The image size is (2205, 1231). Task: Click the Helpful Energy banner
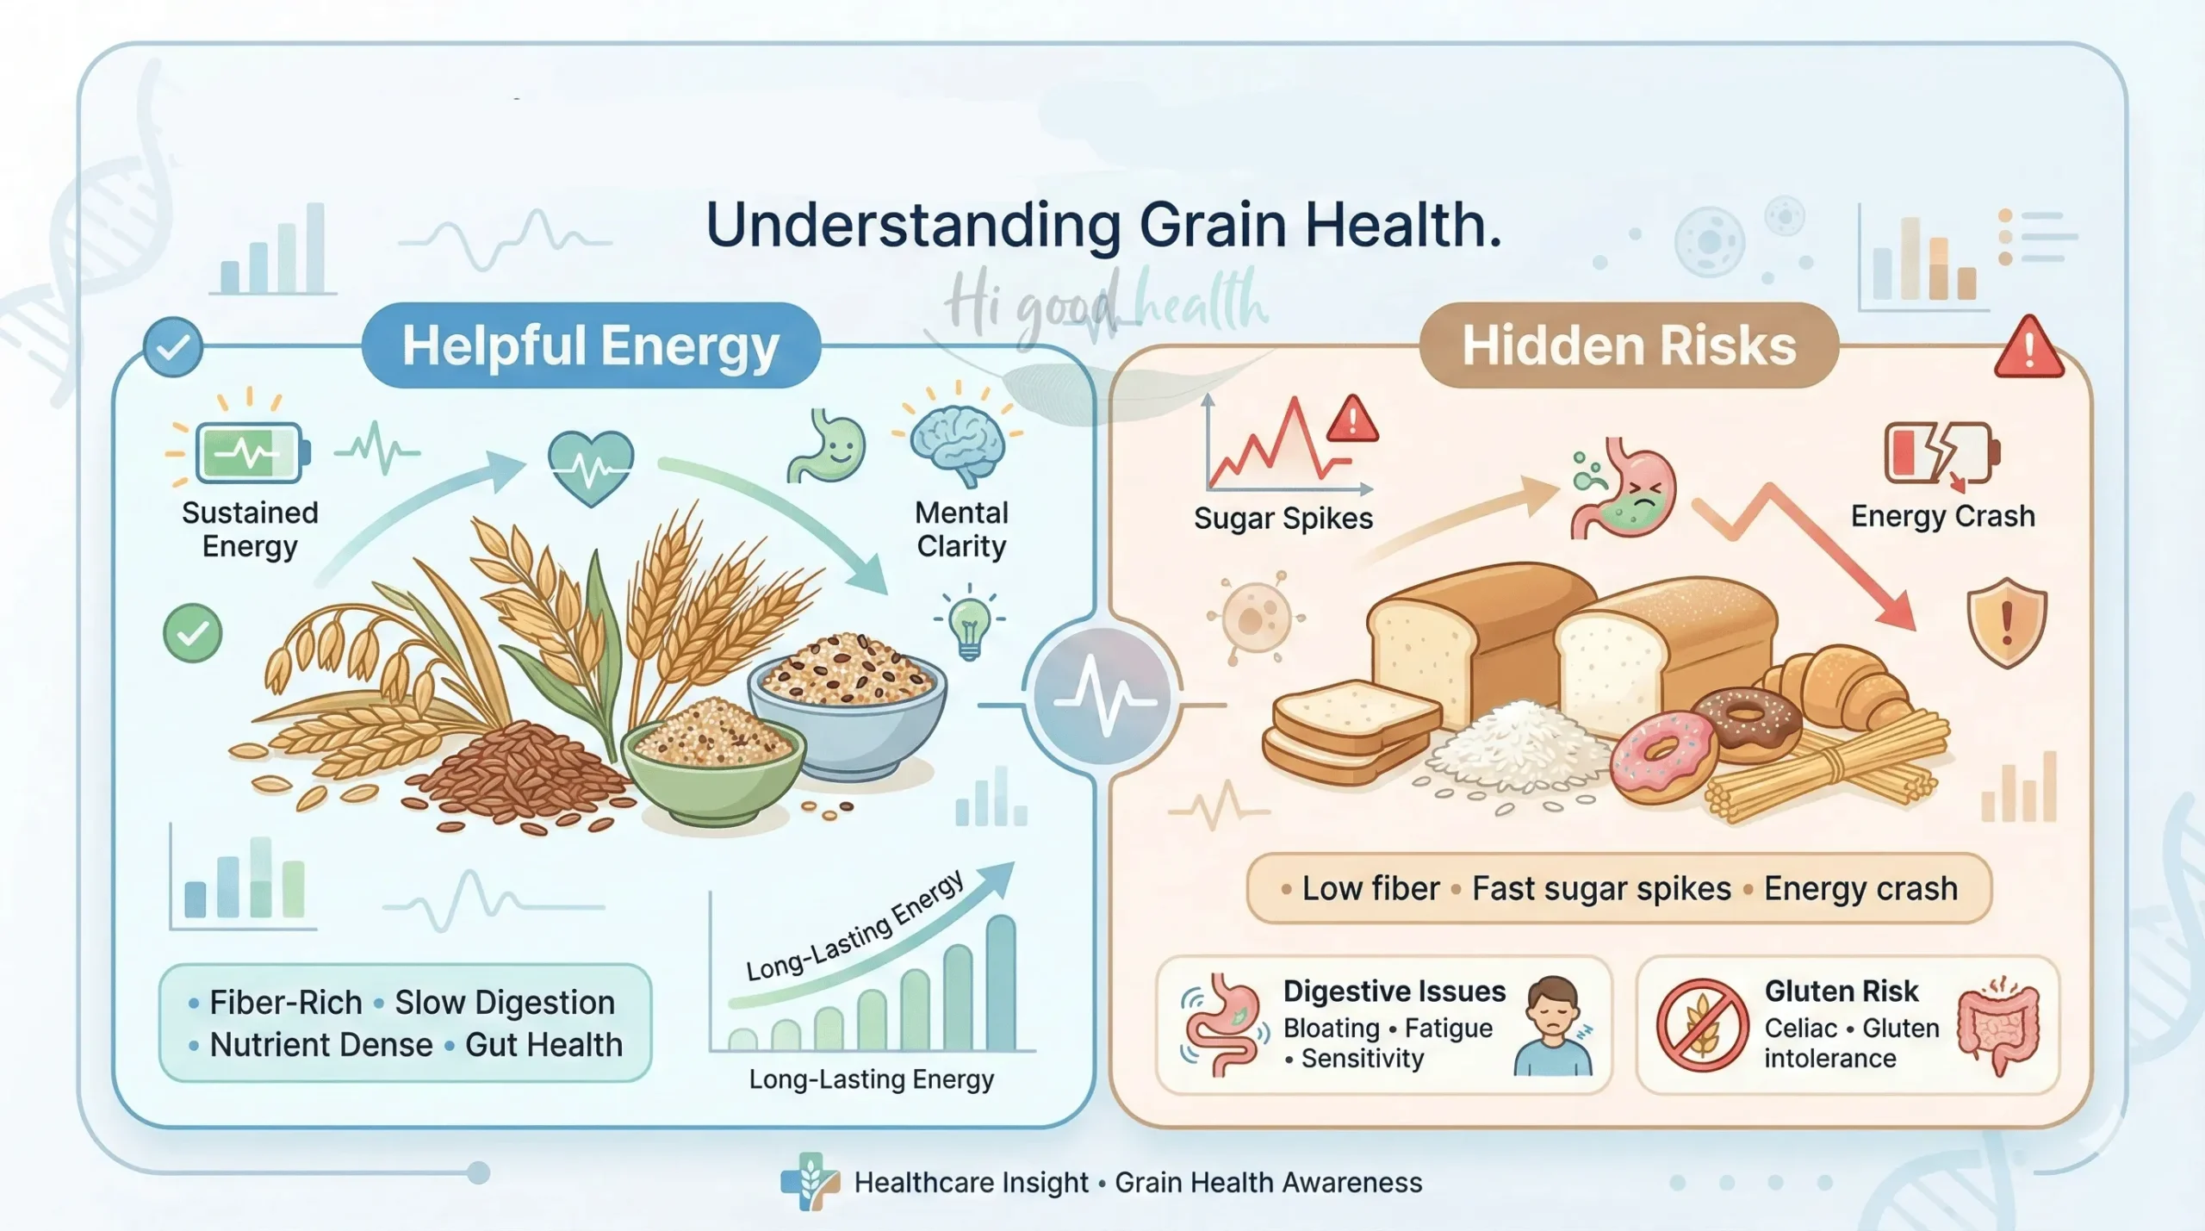coord(591,345)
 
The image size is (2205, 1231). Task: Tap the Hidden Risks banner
coord(1628,345)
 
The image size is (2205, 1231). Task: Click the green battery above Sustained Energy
coord(250,451)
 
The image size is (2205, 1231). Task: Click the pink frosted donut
coord(1662,756)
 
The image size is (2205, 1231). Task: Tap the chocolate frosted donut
coord(1747,722)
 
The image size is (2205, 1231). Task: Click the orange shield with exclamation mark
coord(2006,622)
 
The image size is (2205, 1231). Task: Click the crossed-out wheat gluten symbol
coord(1701,1024)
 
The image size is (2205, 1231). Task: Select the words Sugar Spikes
coord(1283,519)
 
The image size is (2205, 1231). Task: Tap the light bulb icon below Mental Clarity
coord(970,625)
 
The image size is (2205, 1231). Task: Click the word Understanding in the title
coord(912,225)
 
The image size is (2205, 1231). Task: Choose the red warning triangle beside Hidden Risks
coord(2028,349)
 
